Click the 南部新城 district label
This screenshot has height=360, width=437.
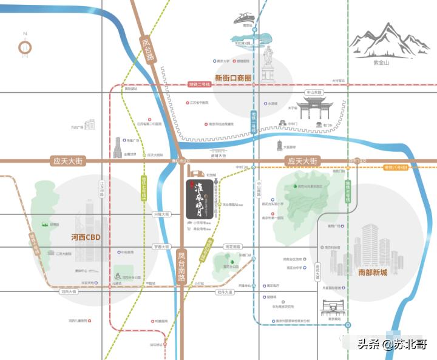click(x=372, y=272)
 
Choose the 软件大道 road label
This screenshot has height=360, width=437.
click(x=224, y=292)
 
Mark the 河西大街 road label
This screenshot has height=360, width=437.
click(x=69, y=292)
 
